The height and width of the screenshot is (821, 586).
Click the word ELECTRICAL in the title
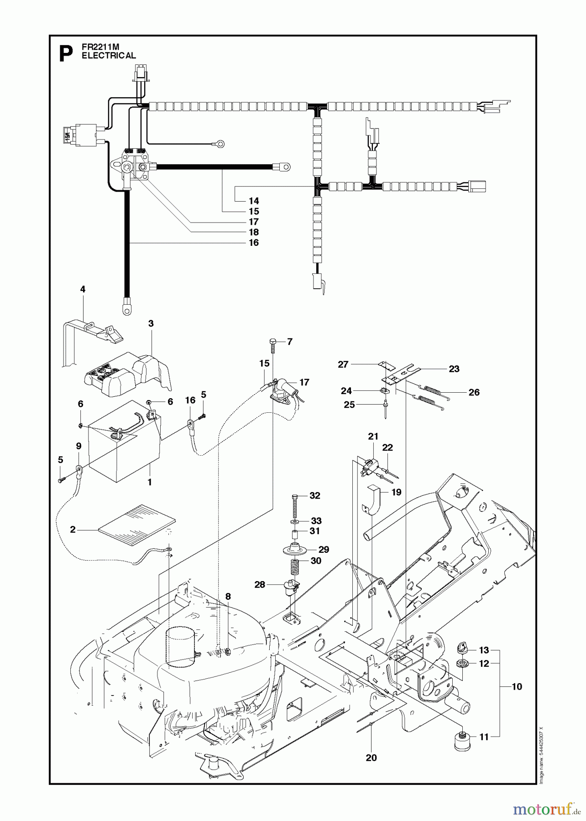109,56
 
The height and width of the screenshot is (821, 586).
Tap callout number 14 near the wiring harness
254,201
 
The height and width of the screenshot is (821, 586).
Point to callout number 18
254,232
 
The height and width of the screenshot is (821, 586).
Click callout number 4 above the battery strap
83,289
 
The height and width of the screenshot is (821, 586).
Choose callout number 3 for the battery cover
151,323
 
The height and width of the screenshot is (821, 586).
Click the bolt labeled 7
272,345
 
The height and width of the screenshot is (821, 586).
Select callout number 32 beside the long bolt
315,496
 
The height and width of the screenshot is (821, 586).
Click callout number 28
260,584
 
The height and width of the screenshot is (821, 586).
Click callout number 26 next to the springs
474,392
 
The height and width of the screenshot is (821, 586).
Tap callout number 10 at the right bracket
517,686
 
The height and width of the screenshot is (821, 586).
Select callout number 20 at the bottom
371,758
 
